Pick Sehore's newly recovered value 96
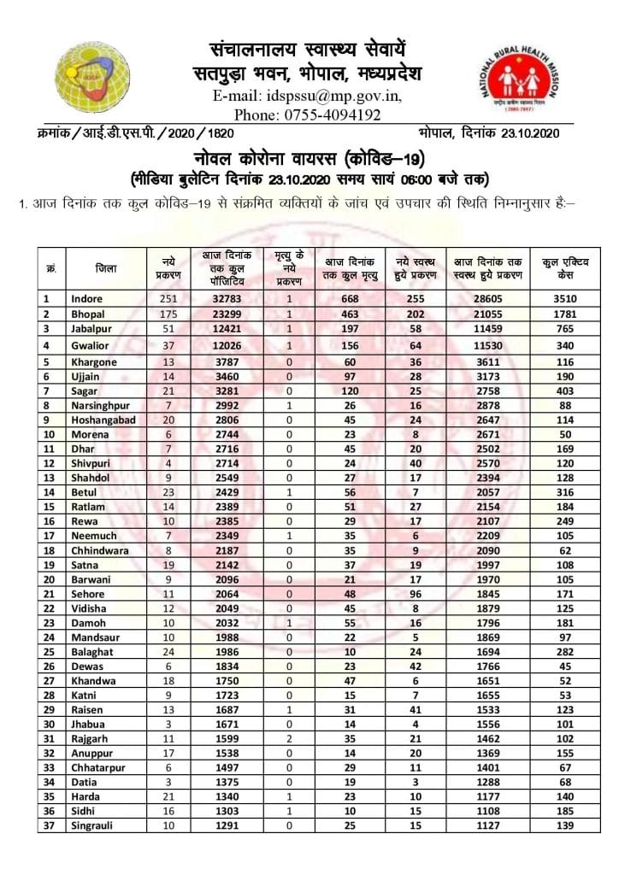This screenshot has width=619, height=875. pos(416,594)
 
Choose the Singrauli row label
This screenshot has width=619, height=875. pos(92,826)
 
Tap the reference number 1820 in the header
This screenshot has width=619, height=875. pos(217,134)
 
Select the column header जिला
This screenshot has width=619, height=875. pos(106,268)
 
